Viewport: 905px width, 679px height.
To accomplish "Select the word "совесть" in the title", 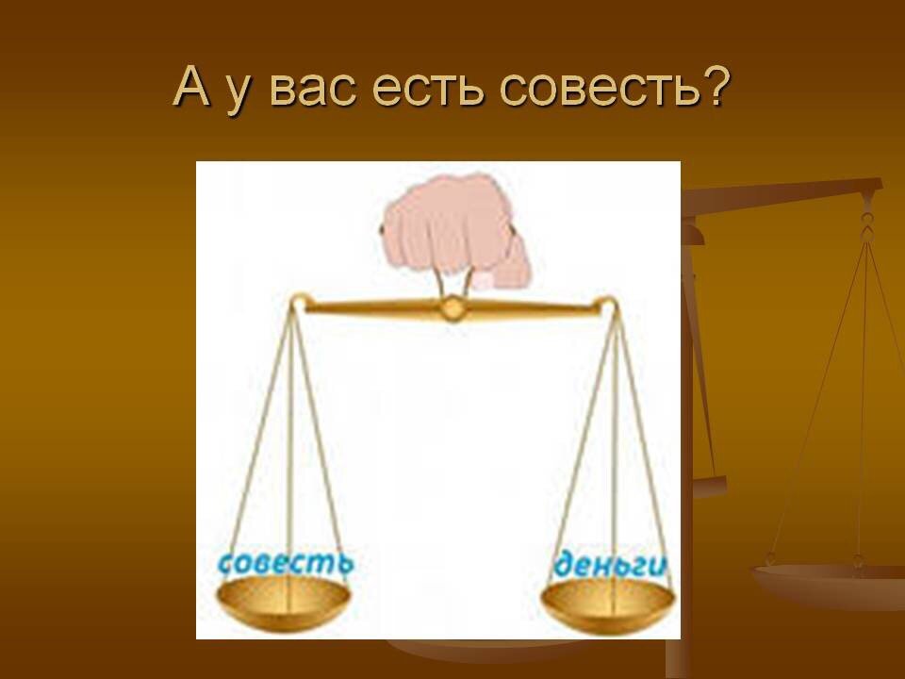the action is click(594, 88).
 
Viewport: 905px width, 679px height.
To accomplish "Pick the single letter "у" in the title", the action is click(239, 93).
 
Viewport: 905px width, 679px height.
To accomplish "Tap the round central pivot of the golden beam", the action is click(452, 307).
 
